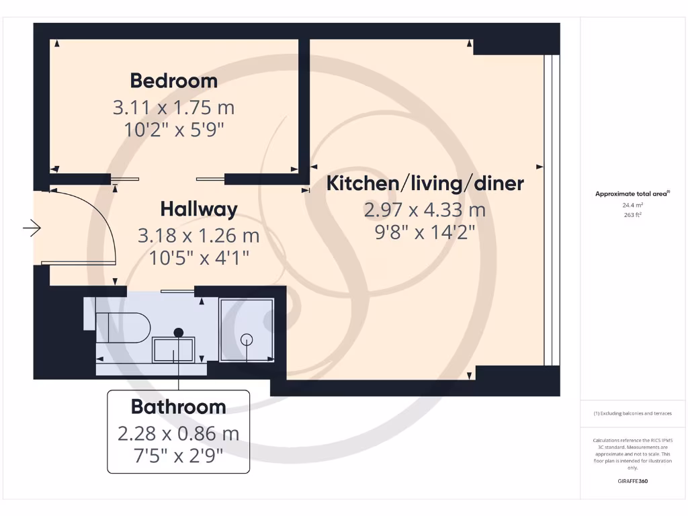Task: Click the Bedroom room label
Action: [x=173, y=81]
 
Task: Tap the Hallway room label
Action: [x=198, y=209]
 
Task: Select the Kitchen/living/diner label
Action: [x=425, y=183]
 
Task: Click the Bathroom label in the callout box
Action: [x=178, y=406]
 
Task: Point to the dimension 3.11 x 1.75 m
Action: [x=173, y=107]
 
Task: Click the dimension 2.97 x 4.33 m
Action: [x=425, y=210]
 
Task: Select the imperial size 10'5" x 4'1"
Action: [x=198, y=257]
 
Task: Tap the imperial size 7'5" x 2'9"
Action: [x=178, y=456]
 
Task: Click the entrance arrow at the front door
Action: [x=32, y=229]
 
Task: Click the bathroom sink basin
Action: [x=173, y=349]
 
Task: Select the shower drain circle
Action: [x=247, y=339]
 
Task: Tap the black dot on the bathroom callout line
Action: [x=178, y=332]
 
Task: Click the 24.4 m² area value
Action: [x=632, y=206]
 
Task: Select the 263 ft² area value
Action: [x=632, y=216]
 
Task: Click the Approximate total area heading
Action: [x=632, y=193]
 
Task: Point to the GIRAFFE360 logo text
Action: [x=632, y=481]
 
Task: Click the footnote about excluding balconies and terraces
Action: [x=632, y=414]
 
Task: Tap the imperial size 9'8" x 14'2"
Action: [x=425, y=232]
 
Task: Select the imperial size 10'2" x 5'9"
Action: [x=173, y=129]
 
